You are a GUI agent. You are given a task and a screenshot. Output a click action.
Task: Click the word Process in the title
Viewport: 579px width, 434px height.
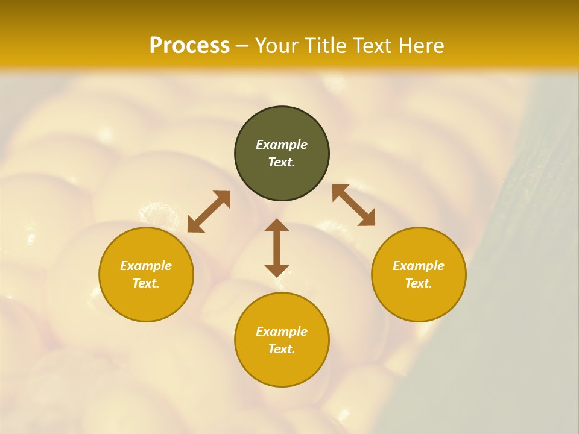[189, 46]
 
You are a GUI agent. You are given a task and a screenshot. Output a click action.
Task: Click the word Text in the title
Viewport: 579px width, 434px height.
[373, 46]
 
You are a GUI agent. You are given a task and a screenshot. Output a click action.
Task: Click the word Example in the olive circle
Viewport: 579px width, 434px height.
[282, 145]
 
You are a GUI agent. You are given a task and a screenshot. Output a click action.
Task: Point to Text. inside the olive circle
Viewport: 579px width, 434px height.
[282, 162]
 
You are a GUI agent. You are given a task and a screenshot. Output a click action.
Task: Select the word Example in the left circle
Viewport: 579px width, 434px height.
[146, 266]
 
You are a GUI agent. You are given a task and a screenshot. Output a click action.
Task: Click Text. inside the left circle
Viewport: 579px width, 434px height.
[146, 283]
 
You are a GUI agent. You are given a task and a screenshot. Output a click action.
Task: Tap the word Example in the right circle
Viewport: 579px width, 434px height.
[419, 266]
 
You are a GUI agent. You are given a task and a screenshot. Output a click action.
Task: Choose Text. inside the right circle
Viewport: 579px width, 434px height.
[419, 283]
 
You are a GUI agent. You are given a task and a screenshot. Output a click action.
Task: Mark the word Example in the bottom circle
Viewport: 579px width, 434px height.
[282, 332]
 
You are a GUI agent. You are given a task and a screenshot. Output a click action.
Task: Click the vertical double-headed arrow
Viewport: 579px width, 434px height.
[277, 248]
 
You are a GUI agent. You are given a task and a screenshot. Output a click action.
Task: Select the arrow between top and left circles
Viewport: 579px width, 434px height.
[209, 212]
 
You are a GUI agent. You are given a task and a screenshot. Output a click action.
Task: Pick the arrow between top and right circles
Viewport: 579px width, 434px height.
[354, 205]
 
